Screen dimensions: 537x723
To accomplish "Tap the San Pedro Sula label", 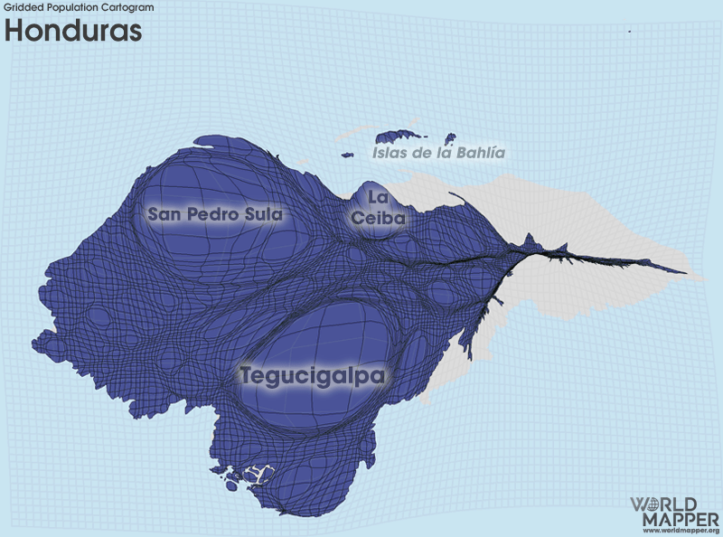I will click(x=215, y=214).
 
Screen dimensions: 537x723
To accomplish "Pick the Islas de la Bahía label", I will click(x=438, y=153).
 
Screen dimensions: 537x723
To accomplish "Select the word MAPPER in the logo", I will click(x=681, y=519).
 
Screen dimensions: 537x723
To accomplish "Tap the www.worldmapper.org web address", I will click(x=681, y=531).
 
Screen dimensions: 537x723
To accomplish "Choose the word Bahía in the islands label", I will click(x=479, y=153).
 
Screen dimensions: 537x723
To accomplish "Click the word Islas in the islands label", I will click(x=391, y=153).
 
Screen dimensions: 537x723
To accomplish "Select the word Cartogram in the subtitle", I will click(x=128, y=7).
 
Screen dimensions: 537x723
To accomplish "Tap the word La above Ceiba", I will click(x=378, y=197).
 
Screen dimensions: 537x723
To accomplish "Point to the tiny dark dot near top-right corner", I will click(x=629, y=32).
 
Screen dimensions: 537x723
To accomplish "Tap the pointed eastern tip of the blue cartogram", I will click(x=686, y=271).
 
